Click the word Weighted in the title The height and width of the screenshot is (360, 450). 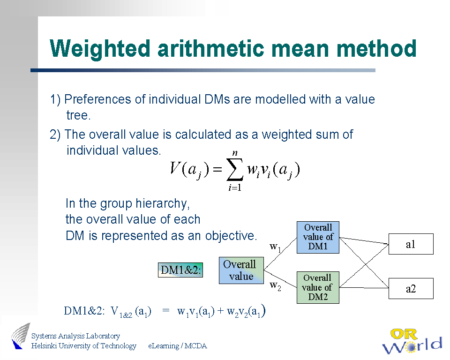click(x=100, y=49)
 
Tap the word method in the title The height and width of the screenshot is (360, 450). click(x=376, y=48)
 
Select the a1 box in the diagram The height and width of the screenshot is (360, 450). click(x=411, y=244)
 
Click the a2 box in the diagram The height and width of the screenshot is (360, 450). click(x=411, y=289)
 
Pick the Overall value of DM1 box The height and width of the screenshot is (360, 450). click(x=318, y=237)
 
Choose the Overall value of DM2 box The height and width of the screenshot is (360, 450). click(x=318, y=287)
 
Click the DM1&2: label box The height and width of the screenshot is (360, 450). click(x=180, y=270)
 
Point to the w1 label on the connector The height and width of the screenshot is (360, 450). click(x=275, y=247)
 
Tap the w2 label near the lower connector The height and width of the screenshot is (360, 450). click(x=275, y=286)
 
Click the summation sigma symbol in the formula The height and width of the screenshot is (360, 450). click(x=235, y=169)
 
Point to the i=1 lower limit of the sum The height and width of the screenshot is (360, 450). click(x=235, y=188)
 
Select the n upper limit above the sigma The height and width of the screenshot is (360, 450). click(x=235, y=153)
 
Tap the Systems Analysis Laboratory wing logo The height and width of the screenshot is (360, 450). click(x=21, y=336)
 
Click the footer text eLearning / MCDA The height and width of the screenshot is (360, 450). click(x=177, y=346)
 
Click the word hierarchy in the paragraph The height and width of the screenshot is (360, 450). click(x=163, y=204)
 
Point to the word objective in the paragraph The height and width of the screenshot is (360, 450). click(x=231, y=236)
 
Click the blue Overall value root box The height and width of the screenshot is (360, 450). click(x=241, y=270)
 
